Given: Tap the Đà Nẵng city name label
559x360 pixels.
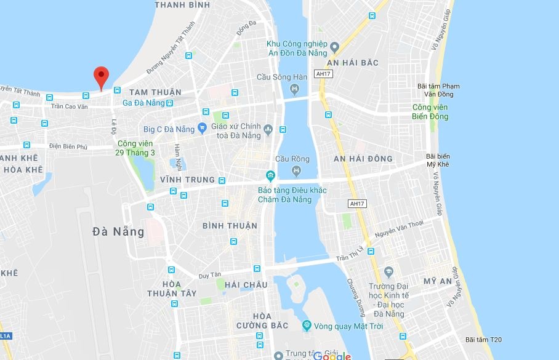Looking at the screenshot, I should (118, 232).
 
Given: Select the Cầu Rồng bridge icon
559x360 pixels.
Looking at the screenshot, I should (297, 170).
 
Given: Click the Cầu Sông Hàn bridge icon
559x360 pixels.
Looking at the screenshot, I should (294, 90).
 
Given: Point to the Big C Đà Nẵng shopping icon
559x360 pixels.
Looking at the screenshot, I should (201, 129).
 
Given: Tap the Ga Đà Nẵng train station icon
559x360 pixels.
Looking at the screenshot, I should (169, 103).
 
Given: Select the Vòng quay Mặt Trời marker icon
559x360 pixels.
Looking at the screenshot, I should (307, 326).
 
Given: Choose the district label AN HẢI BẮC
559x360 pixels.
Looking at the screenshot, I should (353, 63).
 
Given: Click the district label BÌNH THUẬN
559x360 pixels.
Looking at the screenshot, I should (230, 226).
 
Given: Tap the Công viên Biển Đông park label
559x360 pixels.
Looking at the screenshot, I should (430, 112).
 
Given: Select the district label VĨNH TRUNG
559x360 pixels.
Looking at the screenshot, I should (187, 180).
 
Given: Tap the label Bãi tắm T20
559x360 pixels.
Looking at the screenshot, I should (483, 340).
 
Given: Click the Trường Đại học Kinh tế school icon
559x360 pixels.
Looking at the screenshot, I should (388, 272).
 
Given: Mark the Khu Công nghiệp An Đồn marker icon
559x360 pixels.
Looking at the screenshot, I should (334, 47).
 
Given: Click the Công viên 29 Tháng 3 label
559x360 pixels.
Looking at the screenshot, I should (135, 148).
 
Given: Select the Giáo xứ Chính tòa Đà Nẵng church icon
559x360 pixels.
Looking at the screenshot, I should (268, 129).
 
